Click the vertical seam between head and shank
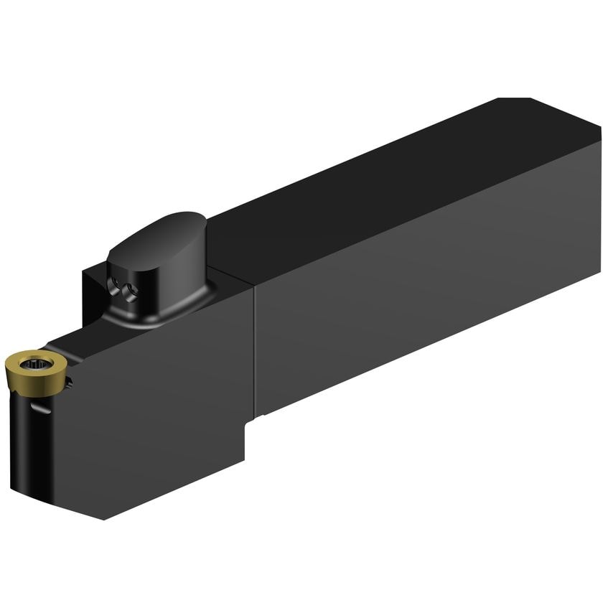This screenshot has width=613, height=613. point(254,352)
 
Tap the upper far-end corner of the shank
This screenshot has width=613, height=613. point(599,129)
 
